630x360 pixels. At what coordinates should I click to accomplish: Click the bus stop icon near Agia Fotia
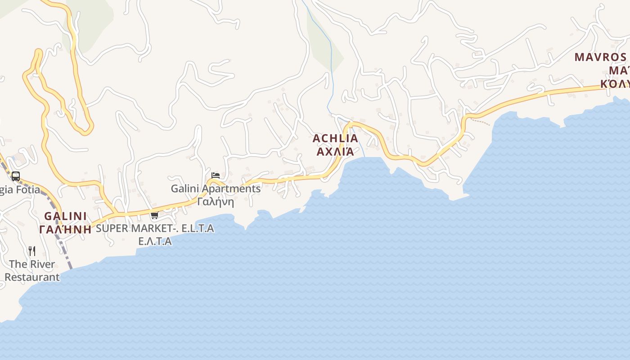click(16, 176)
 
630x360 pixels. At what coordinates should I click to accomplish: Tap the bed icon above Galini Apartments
click(216, 175)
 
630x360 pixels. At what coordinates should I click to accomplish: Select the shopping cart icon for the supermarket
click(155, 216)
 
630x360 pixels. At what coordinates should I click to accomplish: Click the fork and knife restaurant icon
click(32, 251)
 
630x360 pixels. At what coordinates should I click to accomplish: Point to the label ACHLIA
click(335, 138)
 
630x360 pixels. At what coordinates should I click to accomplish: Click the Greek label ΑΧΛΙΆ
click(335, 151)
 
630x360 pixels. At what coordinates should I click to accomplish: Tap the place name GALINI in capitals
click(65, 216)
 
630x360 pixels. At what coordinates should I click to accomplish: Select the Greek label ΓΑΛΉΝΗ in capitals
click(65, 229)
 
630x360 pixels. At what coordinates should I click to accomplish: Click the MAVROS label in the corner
click(600, 57)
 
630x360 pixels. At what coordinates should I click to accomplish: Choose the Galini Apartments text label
click(216, 189)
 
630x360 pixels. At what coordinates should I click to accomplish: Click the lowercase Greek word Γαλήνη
click(216, 201)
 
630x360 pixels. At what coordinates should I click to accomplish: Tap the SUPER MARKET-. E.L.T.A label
click(155, 228)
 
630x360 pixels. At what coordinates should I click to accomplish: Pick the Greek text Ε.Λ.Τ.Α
click(155, 241)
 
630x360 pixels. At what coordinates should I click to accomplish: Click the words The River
click(32, 264)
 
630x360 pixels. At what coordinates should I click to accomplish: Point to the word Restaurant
click(32, 277)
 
